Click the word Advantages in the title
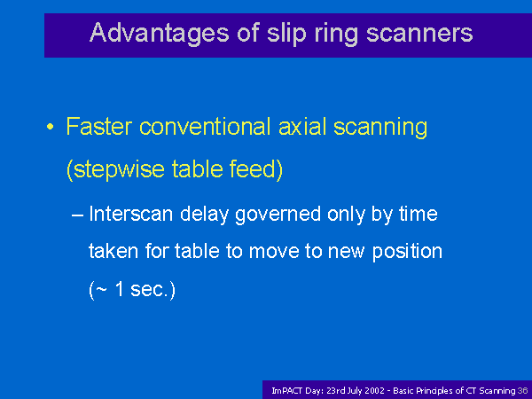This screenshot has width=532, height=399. click(x=159, y=34)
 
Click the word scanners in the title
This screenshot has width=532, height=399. click(x=419, y=34)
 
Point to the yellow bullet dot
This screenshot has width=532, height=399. click(x=51, y=127)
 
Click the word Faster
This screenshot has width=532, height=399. click(x=98, y=126)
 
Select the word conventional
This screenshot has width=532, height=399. click(x=206, y=126)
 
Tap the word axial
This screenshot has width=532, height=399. click(x=302, y=126)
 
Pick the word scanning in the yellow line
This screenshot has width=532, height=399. click(x=380, y=128)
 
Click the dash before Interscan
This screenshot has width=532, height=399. click(x=77, y=215)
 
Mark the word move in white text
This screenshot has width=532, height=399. click(x=274, y=252)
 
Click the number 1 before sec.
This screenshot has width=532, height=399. click(x=120, y=289)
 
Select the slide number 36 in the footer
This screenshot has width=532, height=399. click(x=523, y=391)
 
